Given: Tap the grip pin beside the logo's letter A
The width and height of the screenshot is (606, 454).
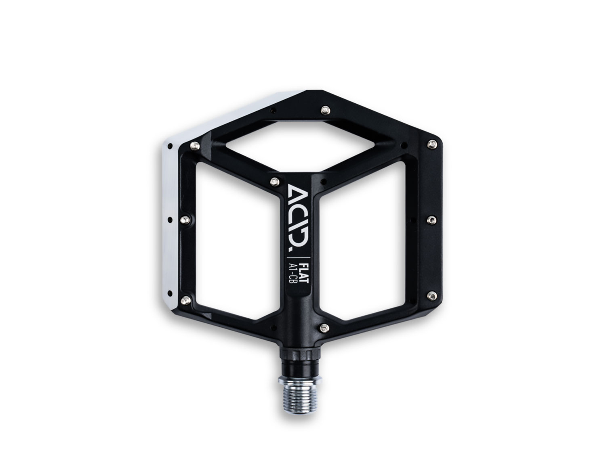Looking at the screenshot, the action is tap(274, 181).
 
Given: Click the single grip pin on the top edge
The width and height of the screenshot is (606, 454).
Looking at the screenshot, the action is tap(326, 110).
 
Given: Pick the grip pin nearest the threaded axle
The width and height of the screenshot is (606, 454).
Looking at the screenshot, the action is tap(324, 328).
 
